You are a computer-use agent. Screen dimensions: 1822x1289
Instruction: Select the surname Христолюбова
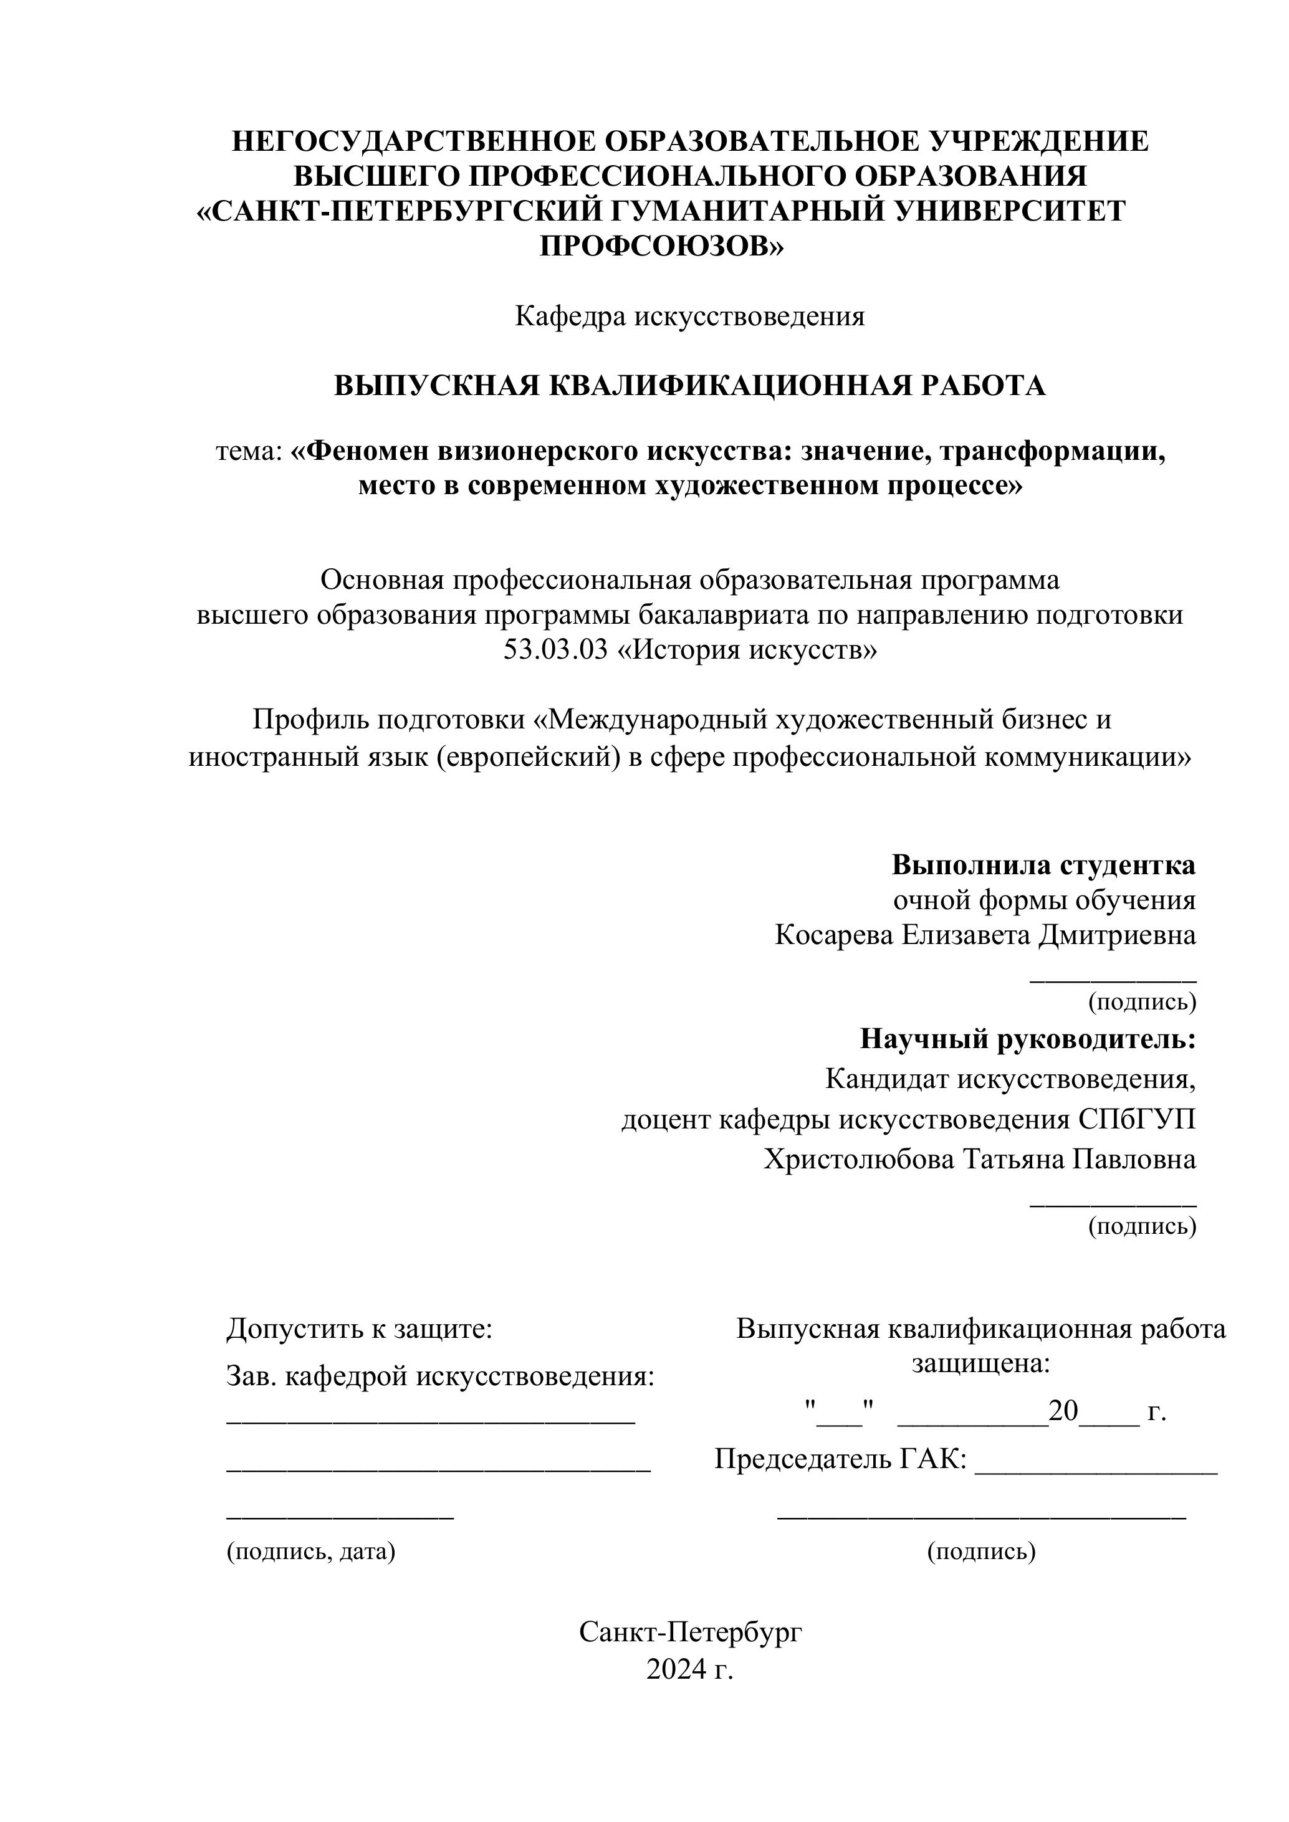[x=860, y=1160]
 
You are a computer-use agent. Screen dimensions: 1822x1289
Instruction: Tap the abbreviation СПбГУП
[x=1137, y=1120]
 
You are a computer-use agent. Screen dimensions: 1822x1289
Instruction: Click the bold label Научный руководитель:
[x=1028, y=1039]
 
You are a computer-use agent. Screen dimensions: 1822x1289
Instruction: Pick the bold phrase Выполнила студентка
[x=1043, y=865]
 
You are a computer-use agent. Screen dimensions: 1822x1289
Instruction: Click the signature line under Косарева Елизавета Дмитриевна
[x=1113, y=981]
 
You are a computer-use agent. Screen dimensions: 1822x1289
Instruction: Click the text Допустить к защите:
[x=360, y=1329]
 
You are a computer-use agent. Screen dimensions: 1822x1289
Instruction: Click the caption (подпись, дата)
[x=311, y=1552]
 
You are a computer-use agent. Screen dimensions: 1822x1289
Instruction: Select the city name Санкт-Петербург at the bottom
[x=691, y=1633]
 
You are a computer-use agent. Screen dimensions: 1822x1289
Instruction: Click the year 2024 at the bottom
[x=677, y=1669]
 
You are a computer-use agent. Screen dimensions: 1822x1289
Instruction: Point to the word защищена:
[x=981, y=1364]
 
